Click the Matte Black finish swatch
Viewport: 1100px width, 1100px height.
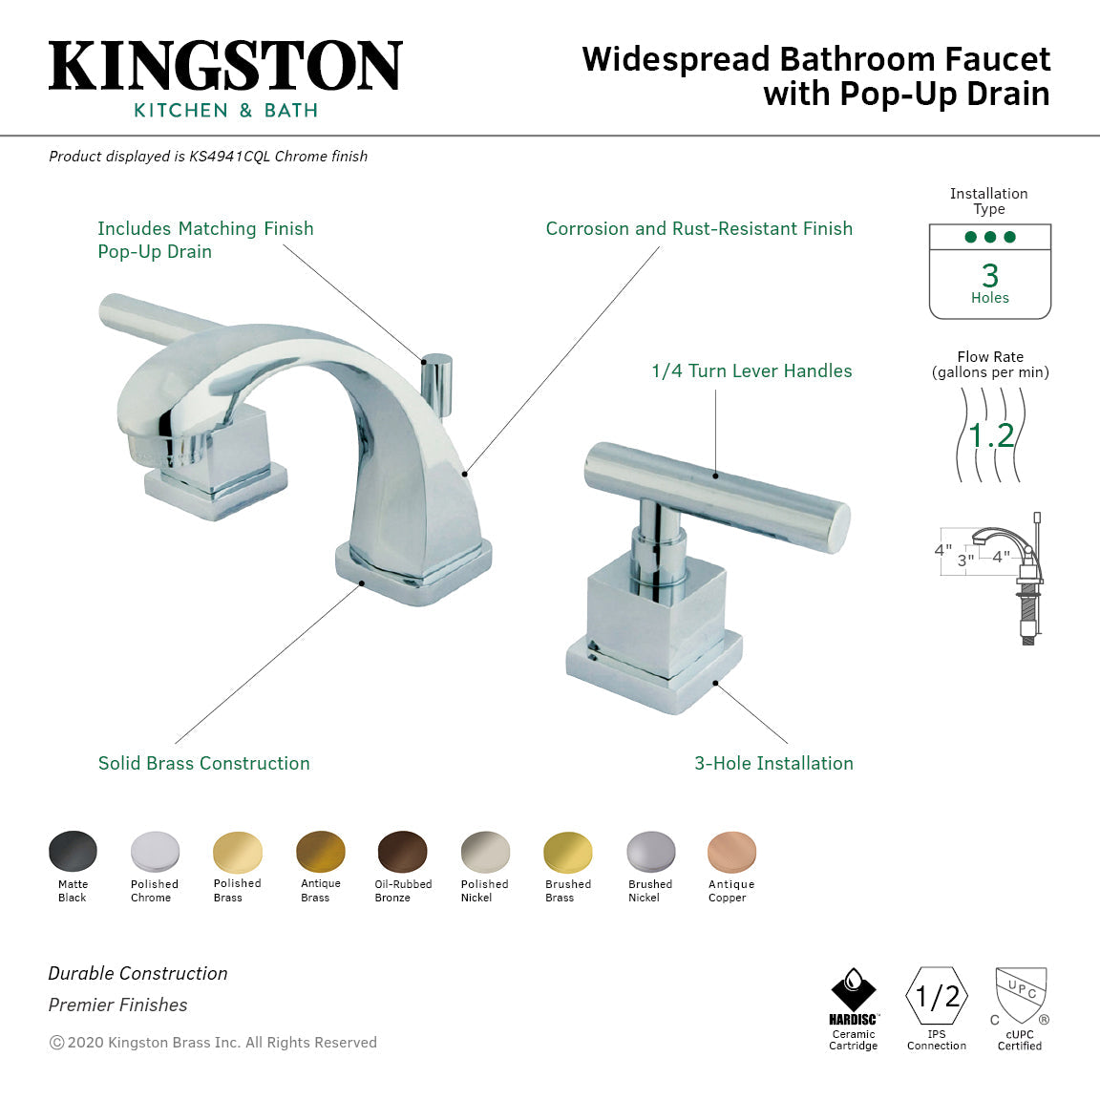(73, 851)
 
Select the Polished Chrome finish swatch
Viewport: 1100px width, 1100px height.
(155, 851)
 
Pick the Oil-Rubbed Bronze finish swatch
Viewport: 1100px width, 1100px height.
(402, 851)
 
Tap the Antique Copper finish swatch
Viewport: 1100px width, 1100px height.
(731, 851)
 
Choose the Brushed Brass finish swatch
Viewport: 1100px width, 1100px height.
(567, 851)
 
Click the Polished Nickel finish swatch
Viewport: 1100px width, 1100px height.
(485, 851)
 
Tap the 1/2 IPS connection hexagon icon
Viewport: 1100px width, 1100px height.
(937, 997)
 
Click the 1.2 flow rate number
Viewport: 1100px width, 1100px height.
(990, 436)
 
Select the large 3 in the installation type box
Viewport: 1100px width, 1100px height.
(990, 276)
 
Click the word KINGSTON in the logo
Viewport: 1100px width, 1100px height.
(225, 66)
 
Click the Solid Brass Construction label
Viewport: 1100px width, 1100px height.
(203, 763)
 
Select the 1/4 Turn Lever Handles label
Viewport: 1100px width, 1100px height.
(751, 370)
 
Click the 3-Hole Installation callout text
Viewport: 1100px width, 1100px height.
(773, 763)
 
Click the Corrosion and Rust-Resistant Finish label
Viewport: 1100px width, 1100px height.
(699, 228)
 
